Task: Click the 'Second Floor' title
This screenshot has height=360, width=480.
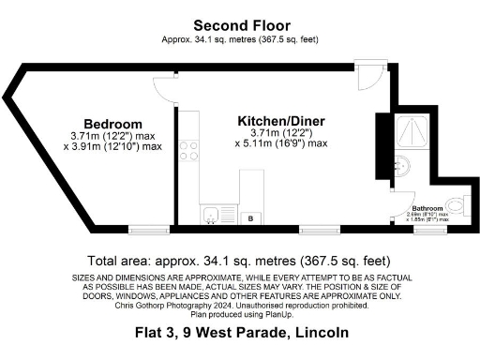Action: [x=241, y=25]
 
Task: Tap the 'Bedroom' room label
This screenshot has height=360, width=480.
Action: [x=112, y=124]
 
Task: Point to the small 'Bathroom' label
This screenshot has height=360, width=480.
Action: [x=427, y=208]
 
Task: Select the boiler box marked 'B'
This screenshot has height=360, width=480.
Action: [x=250, y=217]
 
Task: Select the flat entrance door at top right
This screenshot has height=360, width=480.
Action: [x=372, y=77]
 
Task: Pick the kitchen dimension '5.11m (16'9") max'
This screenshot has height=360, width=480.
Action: [x=280, y=143]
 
